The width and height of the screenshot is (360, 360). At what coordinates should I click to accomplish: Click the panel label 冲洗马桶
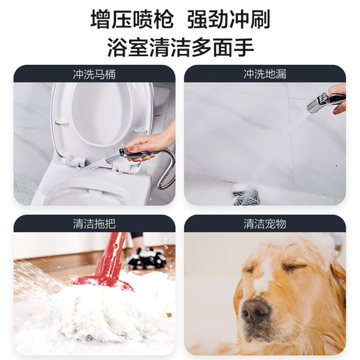[x=94, y=74]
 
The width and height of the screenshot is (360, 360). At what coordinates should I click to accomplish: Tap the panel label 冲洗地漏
[x=265, y=74]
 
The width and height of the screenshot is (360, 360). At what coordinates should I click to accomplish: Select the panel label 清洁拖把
[x=94, y=224]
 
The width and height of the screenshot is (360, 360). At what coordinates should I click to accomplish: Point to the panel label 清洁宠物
[x=265, y=224]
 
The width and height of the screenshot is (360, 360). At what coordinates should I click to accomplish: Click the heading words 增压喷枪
[x=132, y=19]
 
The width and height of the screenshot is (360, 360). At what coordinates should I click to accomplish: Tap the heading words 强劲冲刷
[x=228, y=19]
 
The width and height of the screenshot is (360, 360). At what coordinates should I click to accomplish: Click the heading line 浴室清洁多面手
[x=181, y=47]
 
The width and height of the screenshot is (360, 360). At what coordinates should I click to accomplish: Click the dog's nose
[x=255, y=310]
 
